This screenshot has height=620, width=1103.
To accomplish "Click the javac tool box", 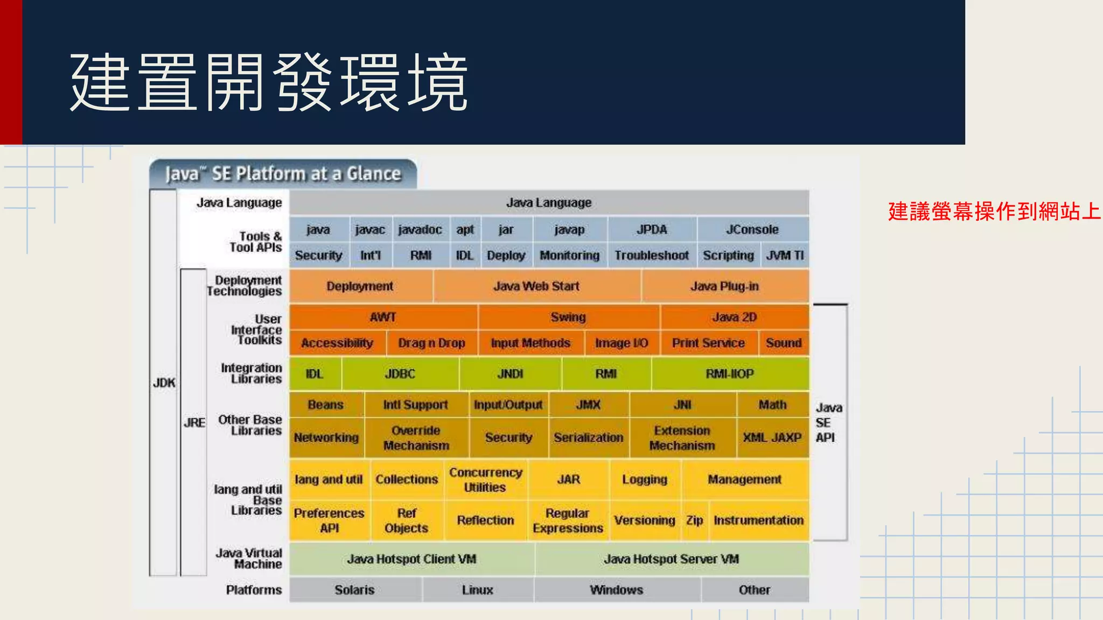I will point(370,230).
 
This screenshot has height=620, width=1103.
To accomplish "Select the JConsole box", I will point(752,230).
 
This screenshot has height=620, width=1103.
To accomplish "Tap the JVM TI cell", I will point(785,256).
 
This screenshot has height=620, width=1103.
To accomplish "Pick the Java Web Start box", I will point(536,286).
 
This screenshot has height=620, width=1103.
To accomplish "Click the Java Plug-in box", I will point(724,286).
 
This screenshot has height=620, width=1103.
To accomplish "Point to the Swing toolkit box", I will point(568,317).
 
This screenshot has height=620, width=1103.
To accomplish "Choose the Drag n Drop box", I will point(431,343).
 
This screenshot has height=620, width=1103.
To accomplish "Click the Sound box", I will point(784,343).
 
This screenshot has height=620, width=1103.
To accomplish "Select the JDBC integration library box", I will point(400,374).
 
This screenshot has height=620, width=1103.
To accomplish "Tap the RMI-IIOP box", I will point(730,374).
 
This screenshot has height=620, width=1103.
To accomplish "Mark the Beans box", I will point(325,405).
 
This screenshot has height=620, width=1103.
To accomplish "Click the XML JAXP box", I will point(772,438).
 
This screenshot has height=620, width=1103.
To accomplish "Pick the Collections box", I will point(407,480).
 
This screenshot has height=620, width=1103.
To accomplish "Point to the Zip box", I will point(694,520).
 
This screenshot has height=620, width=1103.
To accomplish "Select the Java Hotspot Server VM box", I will point(671,559).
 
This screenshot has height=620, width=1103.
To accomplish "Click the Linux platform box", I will point(477,590).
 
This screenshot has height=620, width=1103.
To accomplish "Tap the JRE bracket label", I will point(194,422).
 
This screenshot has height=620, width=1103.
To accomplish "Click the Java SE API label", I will point(828,422).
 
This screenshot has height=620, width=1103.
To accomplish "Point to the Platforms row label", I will point(254,590).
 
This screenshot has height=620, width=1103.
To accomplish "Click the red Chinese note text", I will point(994,212).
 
